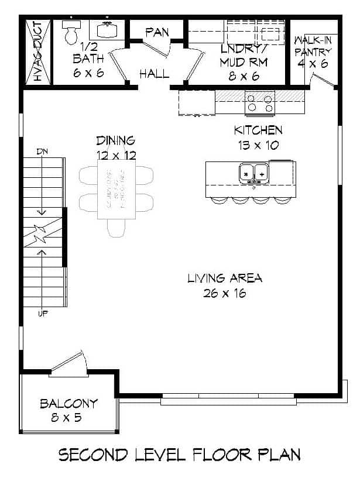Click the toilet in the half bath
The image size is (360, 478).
click(71, 33)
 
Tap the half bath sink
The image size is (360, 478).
click(108, 30)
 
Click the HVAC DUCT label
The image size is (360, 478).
click(37, 51)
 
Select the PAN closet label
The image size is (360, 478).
click(157, 32)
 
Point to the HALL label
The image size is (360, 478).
click(155, 74)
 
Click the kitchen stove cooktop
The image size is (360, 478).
click(260, 103)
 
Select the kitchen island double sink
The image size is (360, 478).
click(253, 173)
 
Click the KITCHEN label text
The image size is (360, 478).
click(258, 130)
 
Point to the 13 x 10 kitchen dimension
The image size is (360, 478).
click(258, 145)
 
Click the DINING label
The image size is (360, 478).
click(116, 140)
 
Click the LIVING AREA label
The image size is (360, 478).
click(225, 278)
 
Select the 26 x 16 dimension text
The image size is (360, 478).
click(225, 293)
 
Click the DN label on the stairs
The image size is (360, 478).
click(42, 152)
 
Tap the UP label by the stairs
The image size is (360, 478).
click(42, 314)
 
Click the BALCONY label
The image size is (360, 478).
click(68, 404)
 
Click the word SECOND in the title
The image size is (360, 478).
click(94, 455)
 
